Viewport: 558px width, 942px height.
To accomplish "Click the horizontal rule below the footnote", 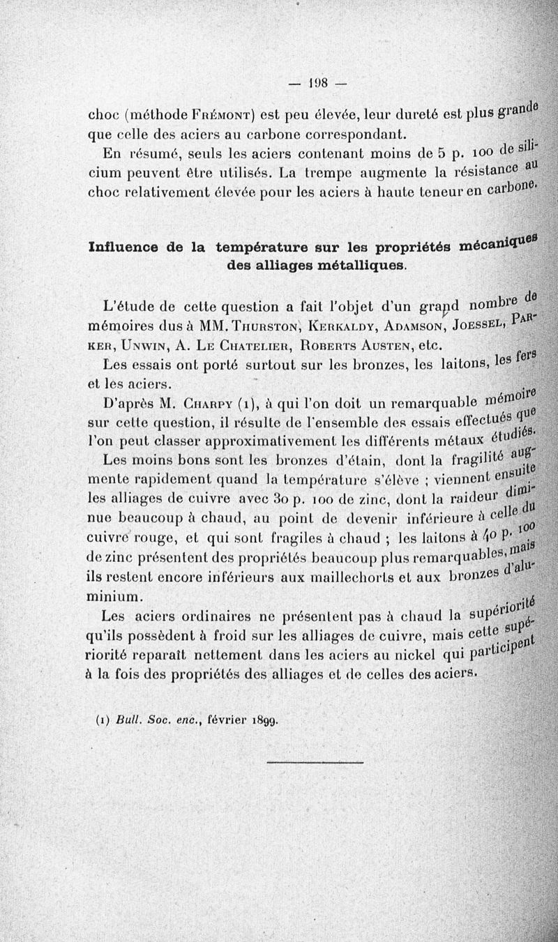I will point(315,763).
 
